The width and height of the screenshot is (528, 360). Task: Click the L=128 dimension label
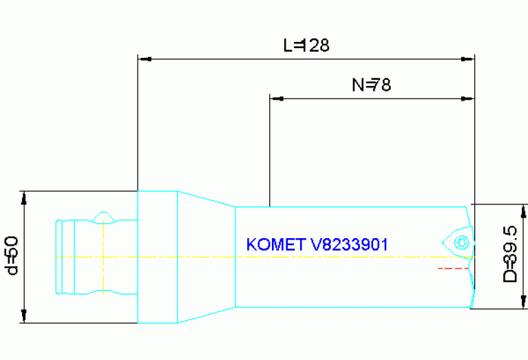point(306,45)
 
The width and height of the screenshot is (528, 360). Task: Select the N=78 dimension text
point(372,85)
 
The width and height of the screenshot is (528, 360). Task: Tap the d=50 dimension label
point(10,255)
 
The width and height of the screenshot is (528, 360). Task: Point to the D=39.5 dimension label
point(510,254)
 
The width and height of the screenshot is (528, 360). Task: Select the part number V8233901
point(350,245)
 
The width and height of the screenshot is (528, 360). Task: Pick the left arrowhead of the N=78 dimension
point(276,99)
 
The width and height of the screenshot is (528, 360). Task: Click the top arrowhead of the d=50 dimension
point(24,198)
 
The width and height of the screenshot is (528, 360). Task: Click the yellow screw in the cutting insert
point(462,242)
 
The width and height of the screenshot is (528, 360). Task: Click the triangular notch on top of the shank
point(103,217)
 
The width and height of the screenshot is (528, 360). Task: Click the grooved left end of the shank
point(62,257)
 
